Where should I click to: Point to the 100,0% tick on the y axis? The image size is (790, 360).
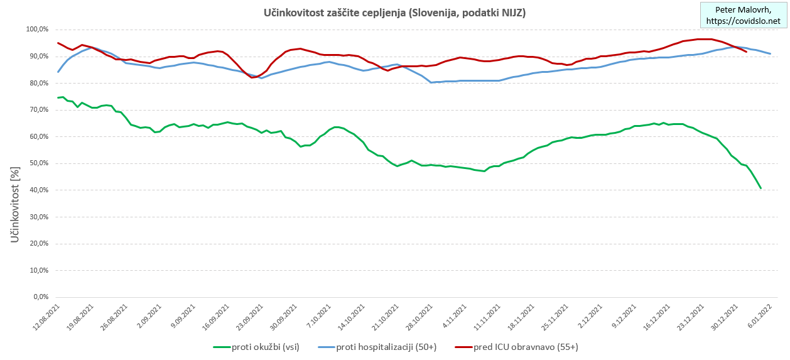click(38, 30)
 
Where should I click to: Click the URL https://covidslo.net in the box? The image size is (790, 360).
click(743, 21)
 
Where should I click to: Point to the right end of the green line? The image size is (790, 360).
click(760, 188)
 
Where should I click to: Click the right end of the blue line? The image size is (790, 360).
click(770, 53)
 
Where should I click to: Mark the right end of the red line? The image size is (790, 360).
click(745, 52)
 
